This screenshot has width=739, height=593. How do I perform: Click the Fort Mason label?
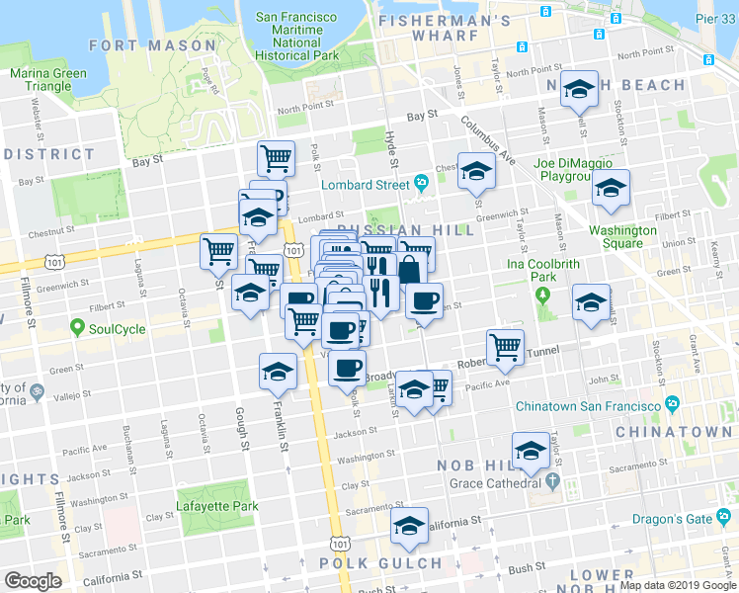pos(152,45)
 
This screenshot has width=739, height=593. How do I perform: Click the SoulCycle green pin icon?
pos(77,328)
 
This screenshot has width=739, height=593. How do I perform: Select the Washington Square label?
pos(622,237)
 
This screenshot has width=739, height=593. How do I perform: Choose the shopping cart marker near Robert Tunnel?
pos(505,346)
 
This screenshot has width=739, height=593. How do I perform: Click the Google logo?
pos(33,581)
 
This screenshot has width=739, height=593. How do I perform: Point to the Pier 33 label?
pos(715,19)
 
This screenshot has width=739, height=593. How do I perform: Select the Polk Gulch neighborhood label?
pos(380,563)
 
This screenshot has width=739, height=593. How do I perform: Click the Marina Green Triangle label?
pos(41,79)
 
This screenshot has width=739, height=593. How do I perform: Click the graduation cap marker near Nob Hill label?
pos(532,452)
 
